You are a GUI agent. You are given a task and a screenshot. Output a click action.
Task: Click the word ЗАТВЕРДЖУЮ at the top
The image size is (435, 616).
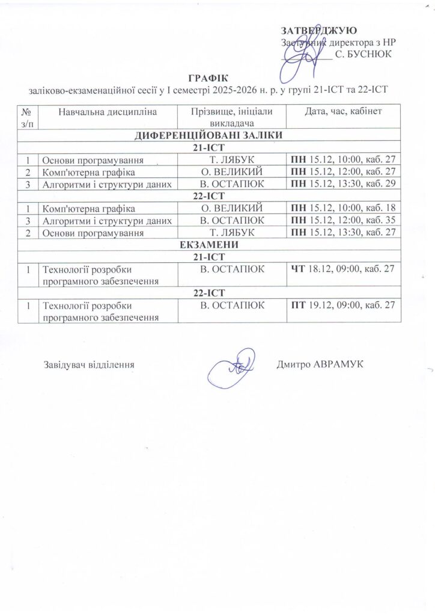click(319, 31)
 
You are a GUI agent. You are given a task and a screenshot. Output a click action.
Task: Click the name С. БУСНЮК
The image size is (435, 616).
click(363, 54)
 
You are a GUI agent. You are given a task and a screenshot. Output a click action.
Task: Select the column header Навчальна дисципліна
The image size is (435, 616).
click(108, 111)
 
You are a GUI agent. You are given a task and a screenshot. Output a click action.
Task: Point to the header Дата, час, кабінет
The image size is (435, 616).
click(342, 111)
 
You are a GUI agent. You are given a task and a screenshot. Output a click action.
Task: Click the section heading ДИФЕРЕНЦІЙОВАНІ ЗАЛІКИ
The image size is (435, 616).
click(208, 135)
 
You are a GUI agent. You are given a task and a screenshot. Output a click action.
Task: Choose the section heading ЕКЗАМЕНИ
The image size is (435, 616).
click(208, 245)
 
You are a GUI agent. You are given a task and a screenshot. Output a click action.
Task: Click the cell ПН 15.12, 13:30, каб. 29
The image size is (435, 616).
click(342, 184)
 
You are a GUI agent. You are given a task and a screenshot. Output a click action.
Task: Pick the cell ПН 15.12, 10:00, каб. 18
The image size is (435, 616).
click(342, 208)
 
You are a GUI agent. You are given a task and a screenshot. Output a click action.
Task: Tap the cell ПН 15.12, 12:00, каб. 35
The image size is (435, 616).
click(342, 220)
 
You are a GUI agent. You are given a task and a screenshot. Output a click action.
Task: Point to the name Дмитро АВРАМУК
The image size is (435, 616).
click(321, 364)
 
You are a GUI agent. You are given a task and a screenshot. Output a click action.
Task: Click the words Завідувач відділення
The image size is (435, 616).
click(88, 365)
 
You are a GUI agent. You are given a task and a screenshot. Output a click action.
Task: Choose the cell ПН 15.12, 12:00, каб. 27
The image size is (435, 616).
click(342, 172)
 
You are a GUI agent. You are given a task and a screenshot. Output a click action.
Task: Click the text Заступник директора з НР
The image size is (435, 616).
click(338, 42)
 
